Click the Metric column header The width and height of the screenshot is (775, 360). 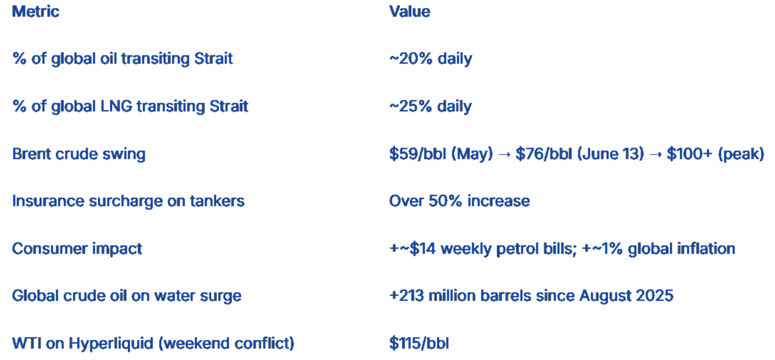click(36, 11)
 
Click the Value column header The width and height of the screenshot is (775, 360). click(410, 11)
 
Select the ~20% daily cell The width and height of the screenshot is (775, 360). click(431, 58)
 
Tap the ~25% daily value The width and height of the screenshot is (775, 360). click(431, 106)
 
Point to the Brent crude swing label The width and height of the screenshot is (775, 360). click(79, 154)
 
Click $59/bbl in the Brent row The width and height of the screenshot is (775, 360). click(417, 154)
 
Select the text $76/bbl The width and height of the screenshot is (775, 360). click(544, 154)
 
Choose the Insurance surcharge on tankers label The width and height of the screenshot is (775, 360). click(128, 201)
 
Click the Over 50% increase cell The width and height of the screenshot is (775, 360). click(459, 201)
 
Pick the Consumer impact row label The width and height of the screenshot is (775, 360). click(77, 249)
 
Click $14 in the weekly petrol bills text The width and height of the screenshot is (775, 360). click(422, 249)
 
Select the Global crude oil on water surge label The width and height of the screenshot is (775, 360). click(127, 296)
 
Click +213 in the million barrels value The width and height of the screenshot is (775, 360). click(407, 296)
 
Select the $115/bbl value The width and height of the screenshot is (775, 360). click(419, 344)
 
